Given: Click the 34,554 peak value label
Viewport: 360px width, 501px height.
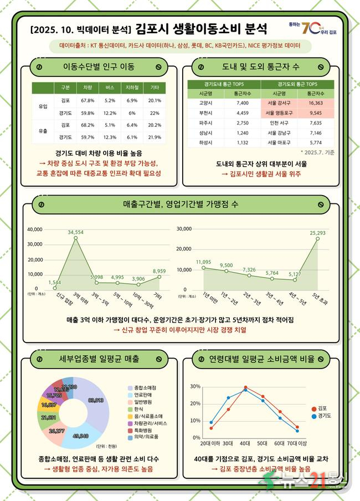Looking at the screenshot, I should click(76, 232).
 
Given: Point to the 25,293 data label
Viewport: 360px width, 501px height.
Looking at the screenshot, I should click(318, 233).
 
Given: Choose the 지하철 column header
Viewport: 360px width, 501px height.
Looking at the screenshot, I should click(132, 88).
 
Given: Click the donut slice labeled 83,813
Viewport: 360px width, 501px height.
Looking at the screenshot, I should click(96, 400).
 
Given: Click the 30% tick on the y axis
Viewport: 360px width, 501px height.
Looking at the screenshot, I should click(194, 386).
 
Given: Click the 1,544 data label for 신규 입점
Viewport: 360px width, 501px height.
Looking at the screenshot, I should click(55, 282).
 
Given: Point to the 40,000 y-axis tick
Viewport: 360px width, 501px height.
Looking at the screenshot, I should click(35, 229).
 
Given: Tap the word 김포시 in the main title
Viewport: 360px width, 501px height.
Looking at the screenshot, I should click(153, 28).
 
